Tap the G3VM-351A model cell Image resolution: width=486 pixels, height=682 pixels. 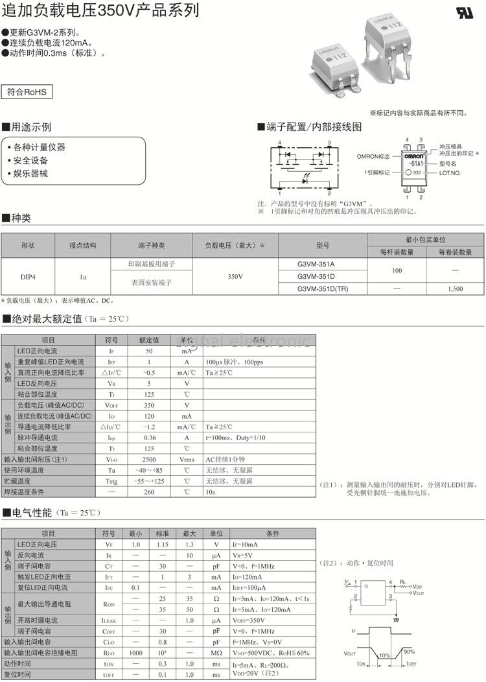[316, 265]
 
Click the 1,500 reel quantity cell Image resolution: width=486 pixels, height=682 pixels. [455, 288]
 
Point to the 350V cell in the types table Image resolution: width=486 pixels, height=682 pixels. [236, 276]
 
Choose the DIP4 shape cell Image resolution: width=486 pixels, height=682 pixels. [28, 276]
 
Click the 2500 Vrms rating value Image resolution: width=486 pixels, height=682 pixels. [148, 459]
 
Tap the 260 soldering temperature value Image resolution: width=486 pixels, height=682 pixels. [148, 491]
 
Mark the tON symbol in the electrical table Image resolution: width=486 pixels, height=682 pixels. [108, 663]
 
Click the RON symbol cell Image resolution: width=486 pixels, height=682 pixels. [108, 604]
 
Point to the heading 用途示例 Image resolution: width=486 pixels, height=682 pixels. [31, 126]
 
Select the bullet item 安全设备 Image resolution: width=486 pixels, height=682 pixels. [30, 160]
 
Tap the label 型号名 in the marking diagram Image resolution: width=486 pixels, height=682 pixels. [448, 164]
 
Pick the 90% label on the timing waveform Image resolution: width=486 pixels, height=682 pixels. [410, 651]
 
